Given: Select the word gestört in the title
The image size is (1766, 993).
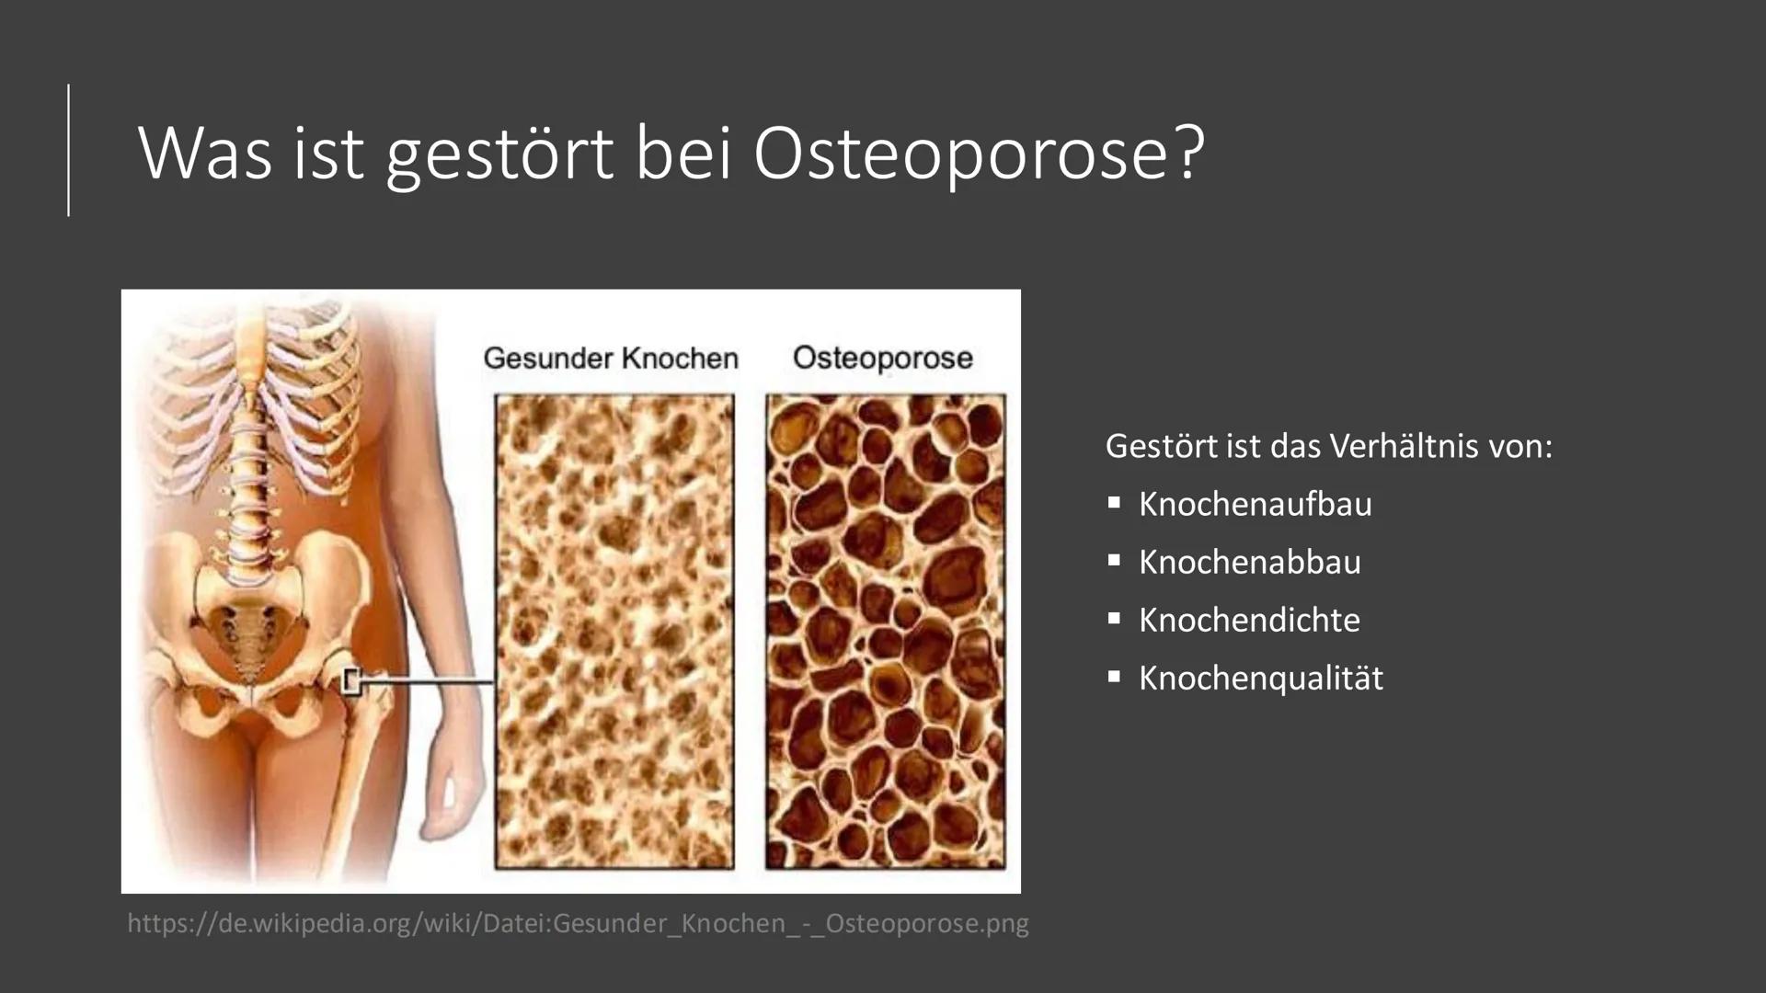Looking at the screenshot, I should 499,154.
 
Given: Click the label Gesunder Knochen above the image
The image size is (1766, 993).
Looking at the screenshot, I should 611,358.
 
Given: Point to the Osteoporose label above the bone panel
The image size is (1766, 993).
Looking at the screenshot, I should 883,358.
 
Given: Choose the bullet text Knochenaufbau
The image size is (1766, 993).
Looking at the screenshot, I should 1255,504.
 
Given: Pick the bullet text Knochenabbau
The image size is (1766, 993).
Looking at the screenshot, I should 1249,562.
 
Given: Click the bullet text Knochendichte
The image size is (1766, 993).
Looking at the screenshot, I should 1249,620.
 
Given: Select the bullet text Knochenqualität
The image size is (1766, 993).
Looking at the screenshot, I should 1260,678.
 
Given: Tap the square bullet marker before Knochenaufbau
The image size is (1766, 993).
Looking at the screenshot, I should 1114,503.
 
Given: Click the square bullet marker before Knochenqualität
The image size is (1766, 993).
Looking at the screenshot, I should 1114,677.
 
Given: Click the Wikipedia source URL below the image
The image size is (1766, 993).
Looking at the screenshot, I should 578,922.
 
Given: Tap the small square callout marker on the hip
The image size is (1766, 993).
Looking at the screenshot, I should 350,681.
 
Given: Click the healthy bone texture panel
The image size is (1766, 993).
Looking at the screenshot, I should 614,632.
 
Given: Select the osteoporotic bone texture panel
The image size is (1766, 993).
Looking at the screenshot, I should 885,632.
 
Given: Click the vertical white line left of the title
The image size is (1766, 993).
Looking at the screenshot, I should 69,150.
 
